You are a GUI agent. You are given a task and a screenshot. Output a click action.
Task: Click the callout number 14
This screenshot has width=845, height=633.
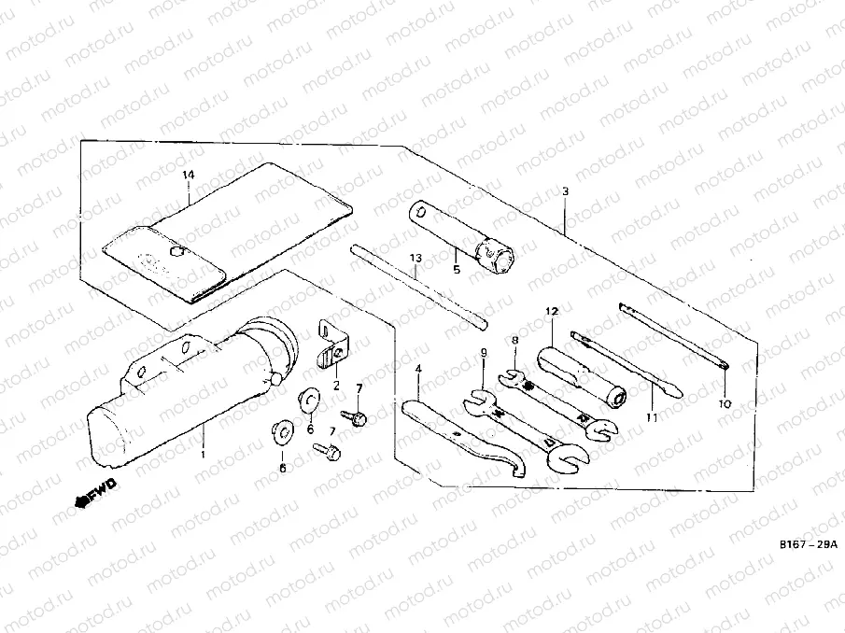(x=189, y=175)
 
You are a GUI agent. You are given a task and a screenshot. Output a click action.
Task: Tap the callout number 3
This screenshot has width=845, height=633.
(x=565, y=191)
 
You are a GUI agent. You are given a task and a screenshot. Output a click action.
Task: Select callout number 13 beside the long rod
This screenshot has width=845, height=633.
(x=415, y=257)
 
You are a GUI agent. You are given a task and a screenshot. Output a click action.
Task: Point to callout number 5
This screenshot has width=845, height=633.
(x=457, y=271)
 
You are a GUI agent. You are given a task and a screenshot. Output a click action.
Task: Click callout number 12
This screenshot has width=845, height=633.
(x=552, y=310)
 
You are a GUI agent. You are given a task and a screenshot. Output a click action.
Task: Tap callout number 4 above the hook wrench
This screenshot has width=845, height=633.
(x=419, y=369)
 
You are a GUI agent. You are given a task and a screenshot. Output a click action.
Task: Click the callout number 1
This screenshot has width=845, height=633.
(x=203, y=455)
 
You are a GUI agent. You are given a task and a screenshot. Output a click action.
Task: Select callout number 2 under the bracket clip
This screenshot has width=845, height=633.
(x=335, y=386)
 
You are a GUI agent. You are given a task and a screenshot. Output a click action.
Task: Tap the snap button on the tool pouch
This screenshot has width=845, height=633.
(x=176, y=250)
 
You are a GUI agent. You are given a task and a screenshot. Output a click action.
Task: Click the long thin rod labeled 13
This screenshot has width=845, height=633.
(x=419, y=285)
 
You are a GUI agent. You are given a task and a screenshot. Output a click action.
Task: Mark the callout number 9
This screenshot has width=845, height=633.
(x=484, y=352)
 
